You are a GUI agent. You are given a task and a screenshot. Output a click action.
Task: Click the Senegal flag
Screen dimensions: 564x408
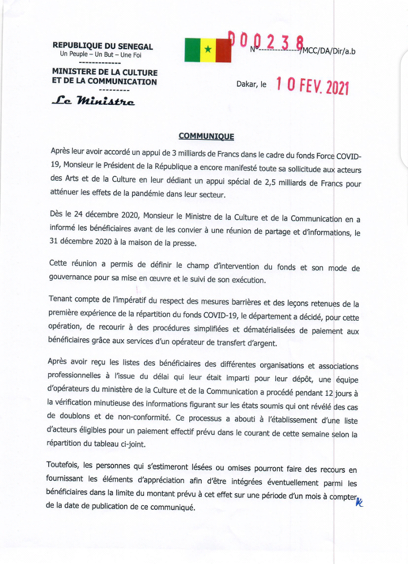(207, 50)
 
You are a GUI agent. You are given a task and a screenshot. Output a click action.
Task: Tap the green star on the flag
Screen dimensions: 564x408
(207, 50)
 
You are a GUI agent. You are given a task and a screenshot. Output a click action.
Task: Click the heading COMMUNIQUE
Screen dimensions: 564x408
(206, 136)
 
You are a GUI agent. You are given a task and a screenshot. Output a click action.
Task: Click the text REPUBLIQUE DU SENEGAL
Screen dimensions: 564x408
(103, 46)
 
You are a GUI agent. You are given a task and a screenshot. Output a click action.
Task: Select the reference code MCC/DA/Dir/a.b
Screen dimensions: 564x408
(328, 52)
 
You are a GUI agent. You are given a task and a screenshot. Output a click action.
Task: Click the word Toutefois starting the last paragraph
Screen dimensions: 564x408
(63, 465)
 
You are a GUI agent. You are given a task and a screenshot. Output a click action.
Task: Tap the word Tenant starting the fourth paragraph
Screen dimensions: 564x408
(61, 304)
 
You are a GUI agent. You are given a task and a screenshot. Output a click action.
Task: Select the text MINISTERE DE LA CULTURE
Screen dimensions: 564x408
(104, 72)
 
